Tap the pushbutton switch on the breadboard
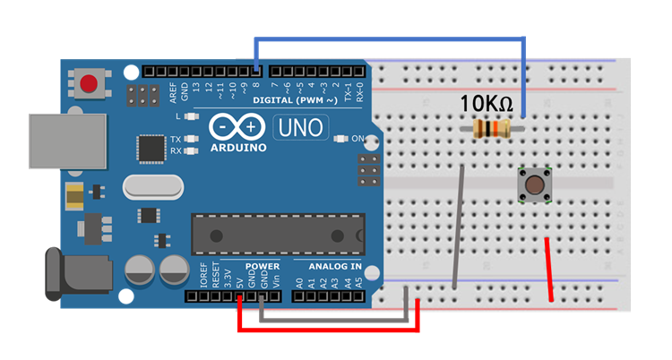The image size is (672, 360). (535, 185)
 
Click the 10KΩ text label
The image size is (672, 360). (487, 104)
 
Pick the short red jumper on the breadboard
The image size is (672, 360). (549, 270)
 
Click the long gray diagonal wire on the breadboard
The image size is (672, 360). (459, 227)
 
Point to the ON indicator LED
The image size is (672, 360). (339, 139)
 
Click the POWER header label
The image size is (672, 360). (262, 267)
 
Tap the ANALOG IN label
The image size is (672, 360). (335, 267)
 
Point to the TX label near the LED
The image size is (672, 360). (176, 140)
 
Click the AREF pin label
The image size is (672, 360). (173, 90)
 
